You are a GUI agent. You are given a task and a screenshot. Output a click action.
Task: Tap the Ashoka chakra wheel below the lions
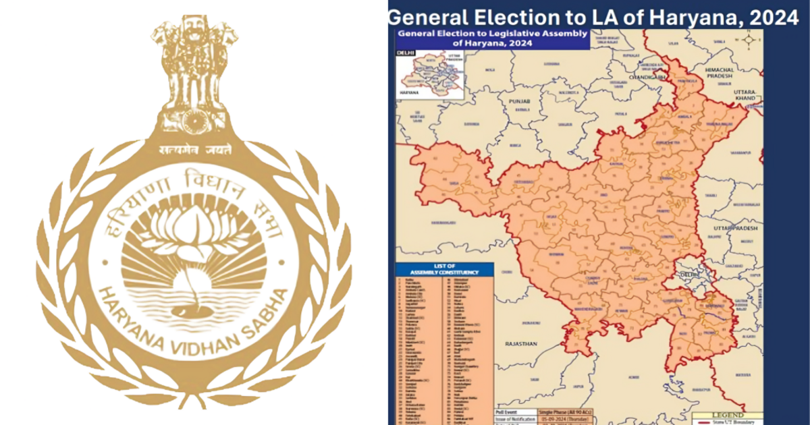click(x=194, y=121)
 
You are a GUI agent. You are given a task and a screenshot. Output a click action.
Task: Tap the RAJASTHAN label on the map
click(x=520, y=343)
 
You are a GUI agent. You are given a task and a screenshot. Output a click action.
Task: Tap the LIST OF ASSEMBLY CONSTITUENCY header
click(x=445, y=269)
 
